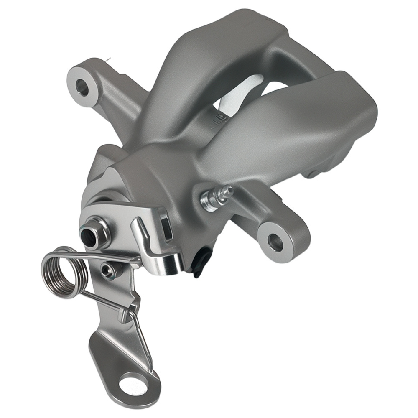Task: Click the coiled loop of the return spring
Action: click(x=64, y=272)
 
